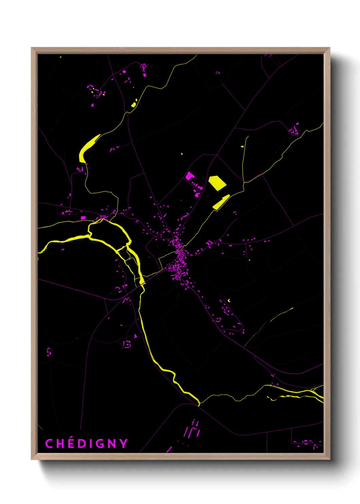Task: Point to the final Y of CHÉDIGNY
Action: pos(123,443)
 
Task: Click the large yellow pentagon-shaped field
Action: pos(217,183)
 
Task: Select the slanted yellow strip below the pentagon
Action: pos(221,202)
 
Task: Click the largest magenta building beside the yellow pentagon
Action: pos(189,176)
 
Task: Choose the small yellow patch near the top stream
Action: pos(134,103)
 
